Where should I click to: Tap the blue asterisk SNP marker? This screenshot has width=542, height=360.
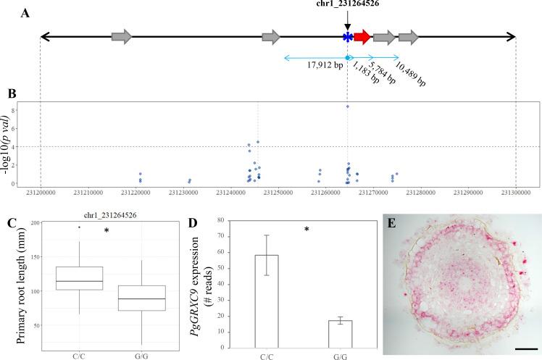coord(348,37)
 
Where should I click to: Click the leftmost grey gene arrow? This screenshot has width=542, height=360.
coord(121,36)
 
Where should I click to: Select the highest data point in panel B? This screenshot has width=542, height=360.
coord(348,106)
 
